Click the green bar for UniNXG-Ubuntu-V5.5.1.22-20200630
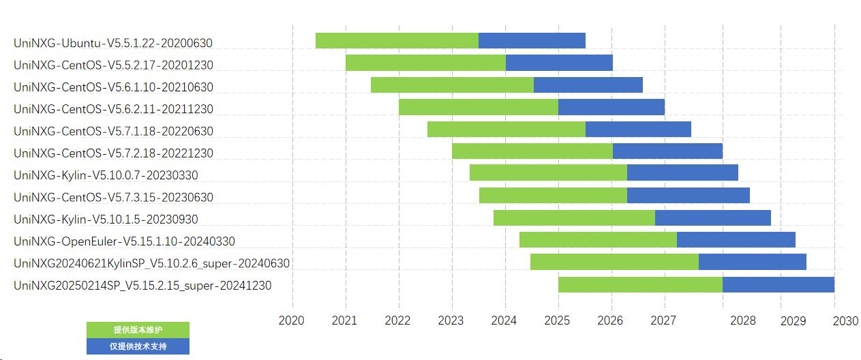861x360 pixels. coord(397,40)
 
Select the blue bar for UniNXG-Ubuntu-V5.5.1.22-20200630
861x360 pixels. coord(532,40)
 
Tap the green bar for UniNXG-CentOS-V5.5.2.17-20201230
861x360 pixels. coord(425,63)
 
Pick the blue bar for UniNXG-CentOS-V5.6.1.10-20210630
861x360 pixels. coord(588,85)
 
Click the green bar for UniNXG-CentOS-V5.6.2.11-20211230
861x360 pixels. coord(478,107)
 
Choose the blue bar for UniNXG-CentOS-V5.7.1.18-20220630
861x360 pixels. coord(638,129)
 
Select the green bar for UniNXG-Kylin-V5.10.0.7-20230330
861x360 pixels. coord(548,172)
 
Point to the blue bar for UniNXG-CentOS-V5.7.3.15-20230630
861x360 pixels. coord(688,195)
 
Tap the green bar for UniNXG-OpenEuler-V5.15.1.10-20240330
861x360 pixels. coord(598,239)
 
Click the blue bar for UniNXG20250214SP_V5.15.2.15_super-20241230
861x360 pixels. coord(778,284)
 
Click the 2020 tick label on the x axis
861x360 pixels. coord(291,320)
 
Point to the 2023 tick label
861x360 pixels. coord(451,320)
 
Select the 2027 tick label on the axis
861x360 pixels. coord(663,320)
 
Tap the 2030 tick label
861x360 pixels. coord(845,320)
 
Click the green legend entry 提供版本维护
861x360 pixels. coord(138,330)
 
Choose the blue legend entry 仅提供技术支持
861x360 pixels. coord(138,346)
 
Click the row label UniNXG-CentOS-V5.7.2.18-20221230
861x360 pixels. coord(113,153)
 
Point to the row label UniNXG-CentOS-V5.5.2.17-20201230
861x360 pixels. coord(113,65)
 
